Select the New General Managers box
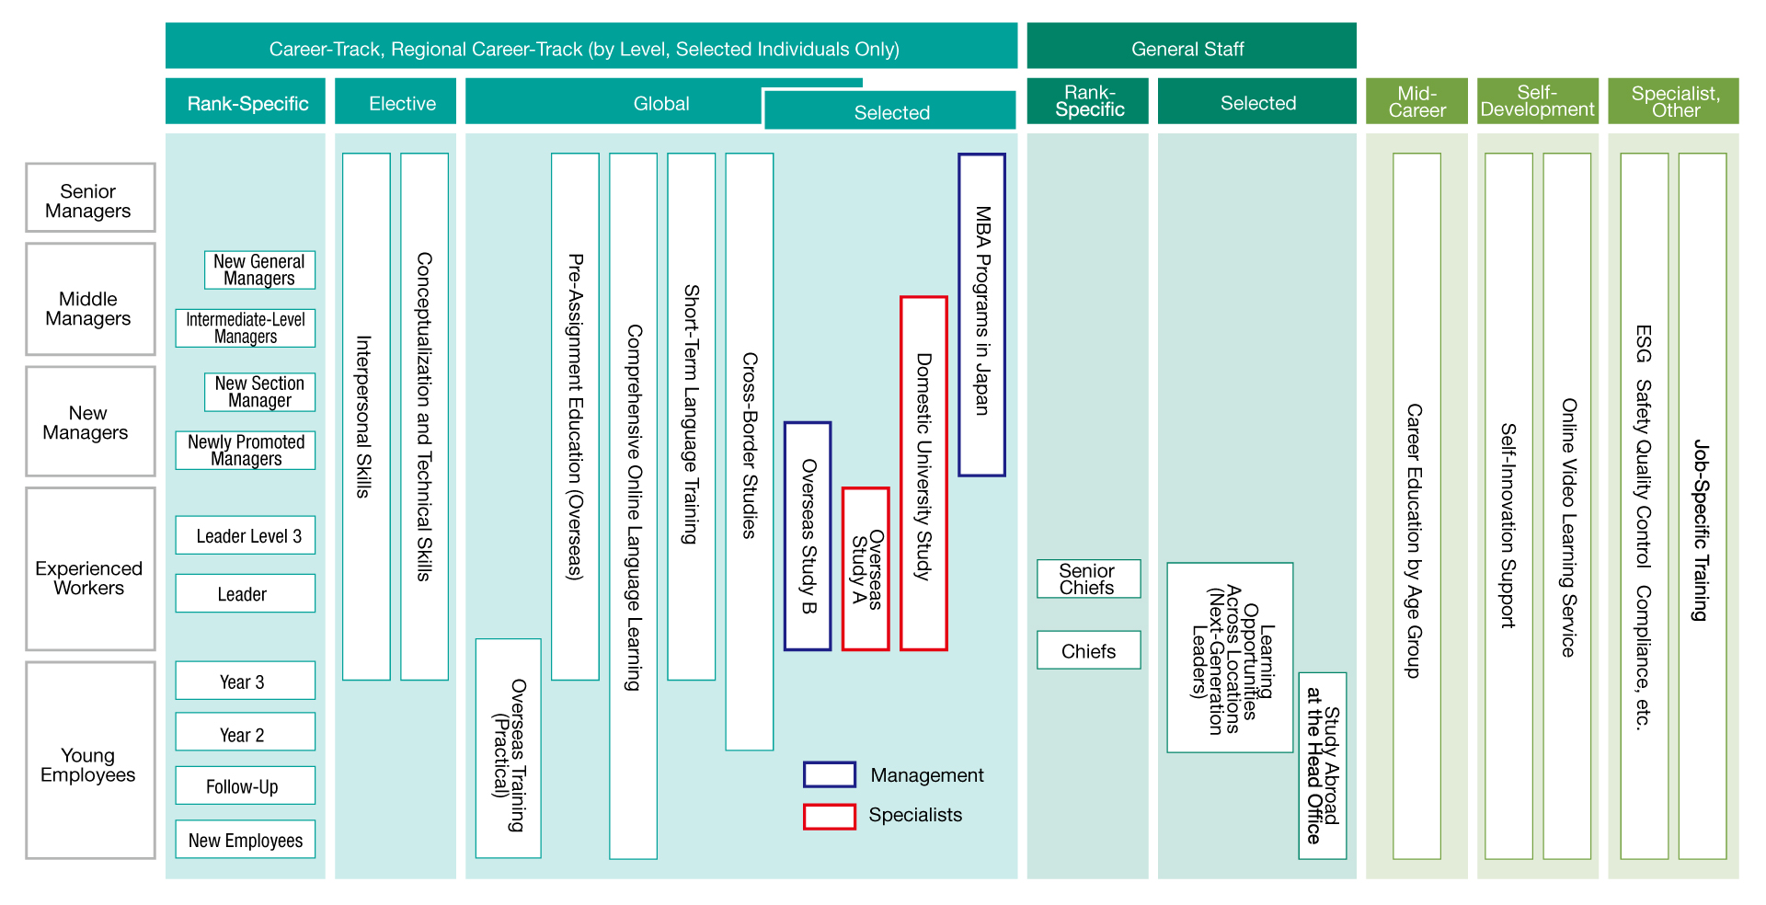(x=259, y=270)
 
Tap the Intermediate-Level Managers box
(x=246, y=328)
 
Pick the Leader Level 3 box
(x=246, y=535)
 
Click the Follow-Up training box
(x=246, y=786)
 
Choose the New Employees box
(x=246, y=840)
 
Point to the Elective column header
(x=396, y=102)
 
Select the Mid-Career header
(x=1416, y=102)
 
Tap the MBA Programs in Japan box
(x=981, y=315)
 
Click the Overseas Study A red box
(x=866, y=569)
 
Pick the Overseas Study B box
(x=808, y=536)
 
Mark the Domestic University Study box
(x=923, y=474)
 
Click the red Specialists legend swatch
(x=830, y=817)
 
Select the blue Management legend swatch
(x=830, y=774)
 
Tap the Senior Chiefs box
(x=1089, y=579)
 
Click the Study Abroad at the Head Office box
(x=1323, y=766)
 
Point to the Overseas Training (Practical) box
(x=509, y=749)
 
